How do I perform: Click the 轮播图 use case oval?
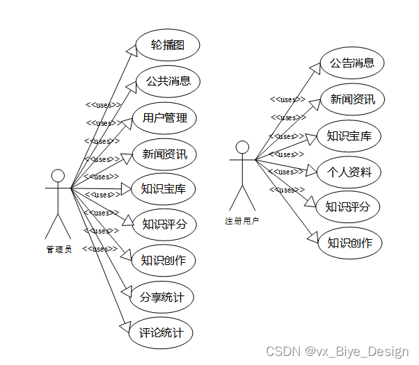(x=168, y=45)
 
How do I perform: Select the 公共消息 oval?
(x=168, y=81)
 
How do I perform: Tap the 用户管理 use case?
(x=165, y=117)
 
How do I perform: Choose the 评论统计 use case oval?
(x=161, y=333)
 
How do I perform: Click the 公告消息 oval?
(x=352, y=64)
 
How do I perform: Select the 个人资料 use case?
(x=349, y=172)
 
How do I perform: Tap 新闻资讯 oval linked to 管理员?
(x=165, y=154)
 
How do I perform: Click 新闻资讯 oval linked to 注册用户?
(x=352, y=99)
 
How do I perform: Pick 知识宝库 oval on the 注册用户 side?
(x=349, y=136)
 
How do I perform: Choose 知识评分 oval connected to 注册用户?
(x=348, y=206)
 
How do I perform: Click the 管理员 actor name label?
(x=58, y=250)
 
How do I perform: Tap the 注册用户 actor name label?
(x=242, y=221)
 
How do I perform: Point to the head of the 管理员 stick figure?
(x=58, y=175)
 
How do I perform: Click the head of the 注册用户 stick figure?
(x=242, y=147)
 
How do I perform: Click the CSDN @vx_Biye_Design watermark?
(x=337, y=351)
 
